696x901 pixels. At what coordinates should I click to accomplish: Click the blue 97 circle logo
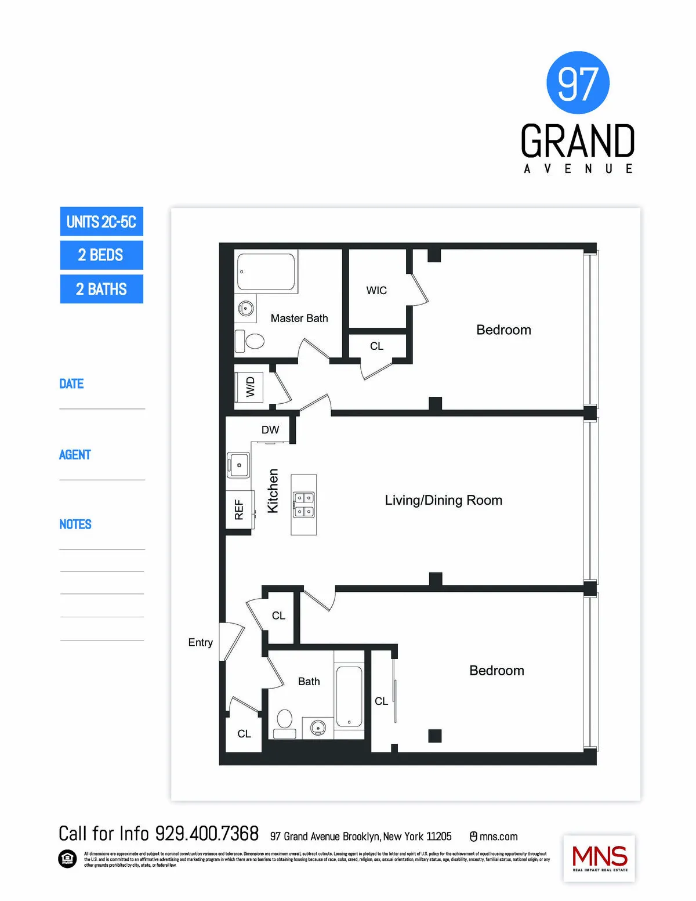click(x=578, y=82)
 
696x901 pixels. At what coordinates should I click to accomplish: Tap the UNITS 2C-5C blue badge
click(x=101, y=222)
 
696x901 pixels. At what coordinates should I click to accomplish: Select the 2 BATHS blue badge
click(x=101, y=289)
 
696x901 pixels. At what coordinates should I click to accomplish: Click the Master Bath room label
click(x=299, y=318)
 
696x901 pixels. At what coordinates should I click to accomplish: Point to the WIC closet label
click(x=376, y=290)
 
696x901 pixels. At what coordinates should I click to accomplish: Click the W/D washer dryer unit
click(x=249, y=387)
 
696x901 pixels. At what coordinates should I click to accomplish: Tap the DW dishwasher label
click(x=270, y=430)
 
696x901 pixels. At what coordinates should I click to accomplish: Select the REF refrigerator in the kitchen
click(x=239, y=509)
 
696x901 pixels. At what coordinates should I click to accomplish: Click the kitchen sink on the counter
click(x=238, y=465)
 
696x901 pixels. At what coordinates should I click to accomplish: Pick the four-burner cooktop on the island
click(x=304, y=504)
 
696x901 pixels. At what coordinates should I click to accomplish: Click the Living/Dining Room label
click(x=444, y=500)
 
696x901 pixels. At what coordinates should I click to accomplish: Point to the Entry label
click(x=200, y=642)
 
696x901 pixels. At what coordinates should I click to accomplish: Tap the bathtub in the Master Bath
click(x=267, y=271)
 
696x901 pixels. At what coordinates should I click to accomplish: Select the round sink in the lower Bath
click(x=317, y=727)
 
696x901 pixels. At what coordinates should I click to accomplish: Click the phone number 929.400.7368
click(x=207, y=834)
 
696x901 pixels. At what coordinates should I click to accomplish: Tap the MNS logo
click(x=599, y=858)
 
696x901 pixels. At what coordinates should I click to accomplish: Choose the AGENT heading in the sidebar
click(x=75, y=455)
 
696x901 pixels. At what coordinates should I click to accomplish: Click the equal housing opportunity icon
click(x=67, y=859)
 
